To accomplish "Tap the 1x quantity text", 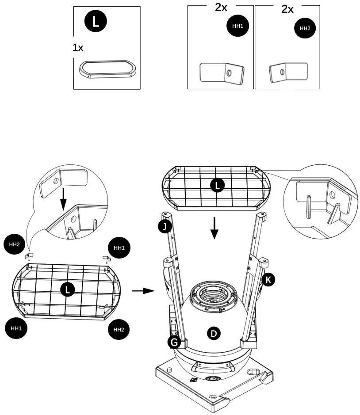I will (x=78, y=48).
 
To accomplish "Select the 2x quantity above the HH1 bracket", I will (x=222, y=8).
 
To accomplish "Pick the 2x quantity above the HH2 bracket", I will (x=287, y=9).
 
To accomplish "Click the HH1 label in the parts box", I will (x=237, y=27).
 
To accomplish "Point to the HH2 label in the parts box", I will (x=305, y=28).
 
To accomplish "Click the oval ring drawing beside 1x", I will (x=107, y=69).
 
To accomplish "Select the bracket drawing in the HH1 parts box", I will (x=222, y=72).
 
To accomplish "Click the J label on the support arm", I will (x=165, y=227).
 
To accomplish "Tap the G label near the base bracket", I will (x=174, y=342).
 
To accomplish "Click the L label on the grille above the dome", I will (x=216, y=186).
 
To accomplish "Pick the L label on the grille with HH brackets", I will (x=67, y=289).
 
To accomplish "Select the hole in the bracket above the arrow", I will (x=55, y=180).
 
